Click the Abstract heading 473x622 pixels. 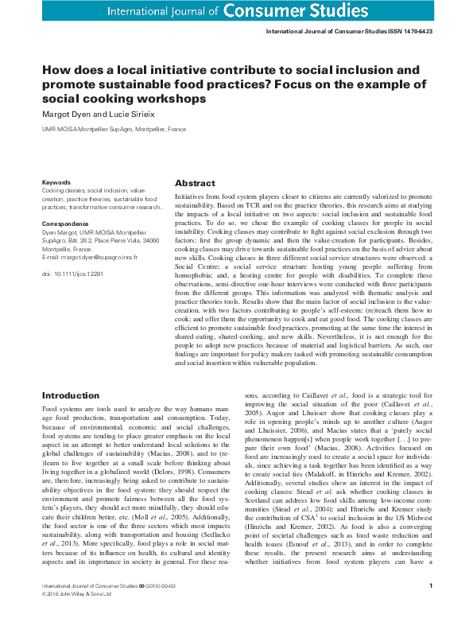pos(195,182)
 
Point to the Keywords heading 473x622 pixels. pos(56,182)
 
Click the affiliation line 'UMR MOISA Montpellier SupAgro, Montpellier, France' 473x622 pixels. pos(114,126)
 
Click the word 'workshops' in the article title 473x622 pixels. pos(172,99)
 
